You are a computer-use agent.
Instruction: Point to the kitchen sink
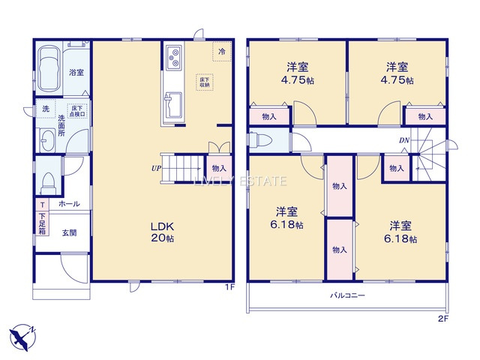[173, 100]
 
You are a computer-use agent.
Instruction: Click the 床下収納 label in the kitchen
[203, 81]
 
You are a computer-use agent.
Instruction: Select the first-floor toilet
[49, 181]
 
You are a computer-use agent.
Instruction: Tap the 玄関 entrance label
[69, 232]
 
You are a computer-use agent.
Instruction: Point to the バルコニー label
[348, 296]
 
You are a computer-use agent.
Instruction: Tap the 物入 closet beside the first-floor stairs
[218, 169]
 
